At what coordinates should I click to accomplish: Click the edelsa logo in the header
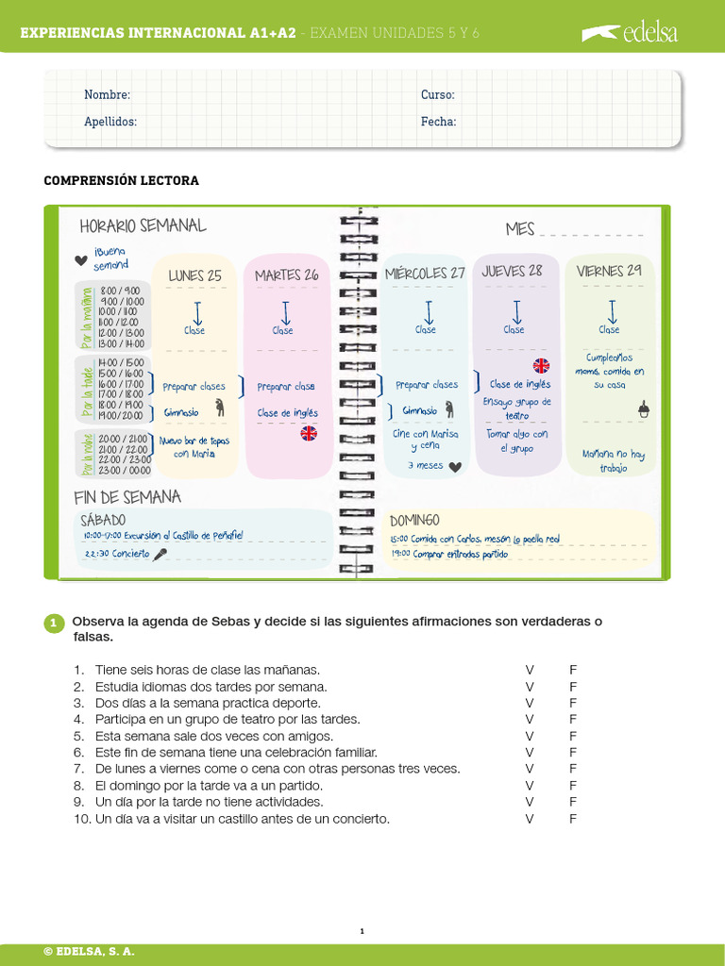pos(630,34)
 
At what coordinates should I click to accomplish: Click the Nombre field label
pos(107,94)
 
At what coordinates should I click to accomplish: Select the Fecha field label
pos(439,122)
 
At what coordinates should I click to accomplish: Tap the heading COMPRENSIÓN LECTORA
pos(122,180)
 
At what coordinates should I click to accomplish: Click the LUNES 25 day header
pos(195,275)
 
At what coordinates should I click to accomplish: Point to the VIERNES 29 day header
pos(609,271)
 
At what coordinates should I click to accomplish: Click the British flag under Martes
pos(309,433)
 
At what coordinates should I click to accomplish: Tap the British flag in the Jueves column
pos(541,365)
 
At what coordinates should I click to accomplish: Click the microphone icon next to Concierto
pos(161,555)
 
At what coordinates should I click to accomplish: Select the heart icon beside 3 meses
pos(455,466)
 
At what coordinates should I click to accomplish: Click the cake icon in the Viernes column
pos(645,408)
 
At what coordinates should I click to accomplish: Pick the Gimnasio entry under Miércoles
pos(420,411)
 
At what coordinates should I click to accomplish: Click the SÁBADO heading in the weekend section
pos(103,520)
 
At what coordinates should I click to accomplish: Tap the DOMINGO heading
pos(414,520)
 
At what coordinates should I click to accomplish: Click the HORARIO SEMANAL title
pos(143,226)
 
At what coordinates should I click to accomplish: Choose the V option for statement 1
pos(530,670)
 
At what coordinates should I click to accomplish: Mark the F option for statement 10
pos(572,819)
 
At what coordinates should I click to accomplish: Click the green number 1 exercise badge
pos(54,623)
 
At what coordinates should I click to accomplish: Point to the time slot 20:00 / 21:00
pos(123,439)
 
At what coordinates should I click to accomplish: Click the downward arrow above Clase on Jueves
pos(516,311)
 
